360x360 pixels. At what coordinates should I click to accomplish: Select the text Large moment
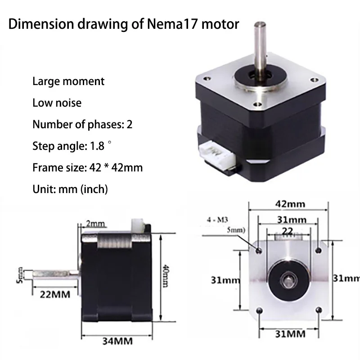[x=68, y=81]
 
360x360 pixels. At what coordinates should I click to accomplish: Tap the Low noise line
[x=57, y=103]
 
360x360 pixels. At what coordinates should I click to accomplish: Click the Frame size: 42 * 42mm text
[x=87, y=168]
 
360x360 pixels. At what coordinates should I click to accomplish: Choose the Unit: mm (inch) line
[x=70, y=189]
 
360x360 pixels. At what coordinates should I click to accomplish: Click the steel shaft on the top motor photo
[x=260, y=49]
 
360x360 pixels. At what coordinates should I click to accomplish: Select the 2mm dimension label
[x=95, y=224]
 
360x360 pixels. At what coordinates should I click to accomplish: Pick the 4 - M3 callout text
[x=217, y=220]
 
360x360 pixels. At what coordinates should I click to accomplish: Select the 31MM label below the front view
[x=288, y=333]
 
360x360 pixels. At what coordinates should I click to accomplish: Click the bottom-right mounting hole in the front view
[x=319, y=310]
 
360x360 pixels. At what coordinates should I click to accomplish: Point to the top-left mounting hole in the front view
[x=258, y=250]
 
